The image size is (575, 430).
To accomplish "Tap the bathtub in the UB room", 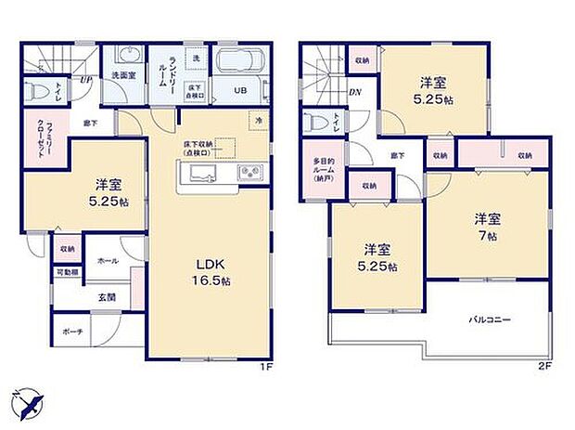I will point(239,65).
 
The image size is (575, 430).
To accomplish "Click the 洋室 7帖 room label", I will point(488,228).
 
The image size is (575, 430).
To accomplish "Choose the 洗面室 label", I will point(124,75).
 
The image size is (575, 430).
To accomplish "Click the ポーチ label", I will point(72,332).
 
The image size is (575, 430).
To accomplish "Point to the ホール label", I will point(107,262).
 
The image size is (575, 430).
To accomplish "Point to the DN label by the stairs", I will point(354,91).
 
